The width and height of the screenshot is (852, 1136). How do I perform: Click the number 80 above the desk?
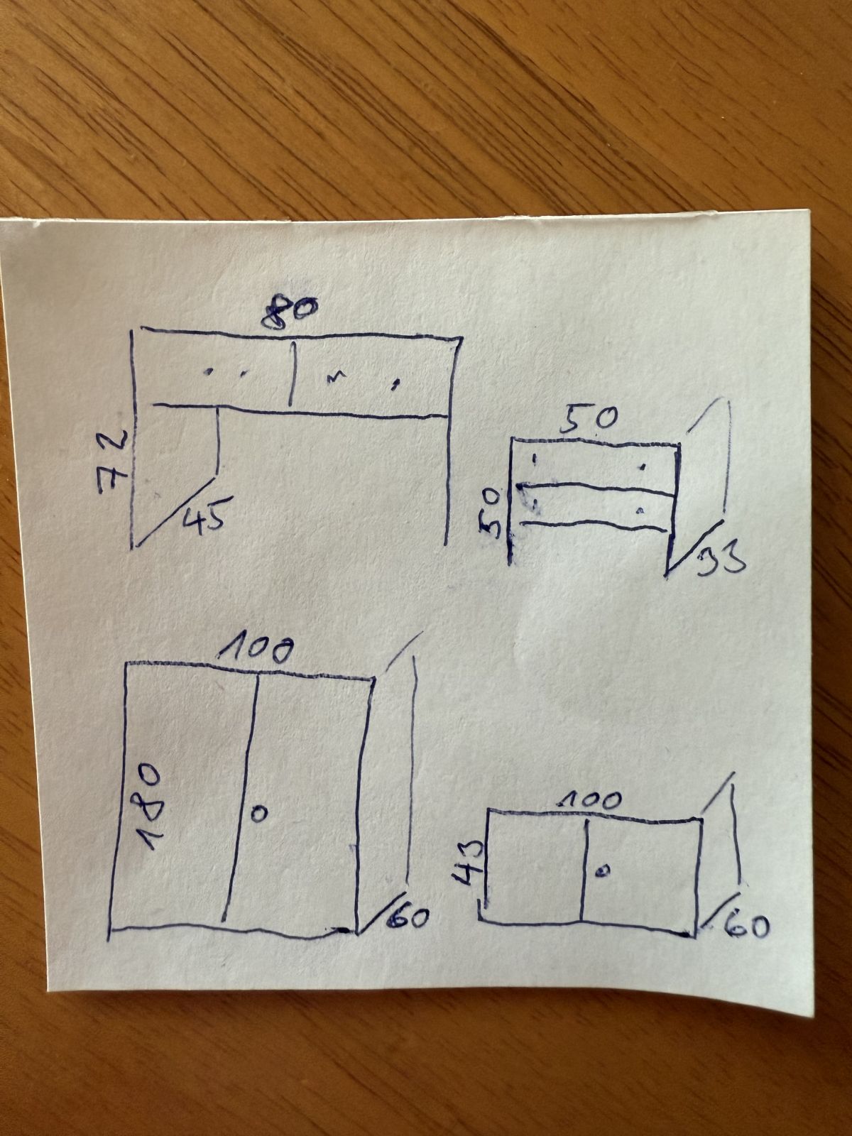(289, 310)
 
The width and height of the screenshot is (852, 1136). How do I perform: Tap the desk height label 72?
(114, 461)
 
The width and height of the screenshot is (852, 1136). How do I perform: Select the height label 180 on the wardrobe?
(151, 806)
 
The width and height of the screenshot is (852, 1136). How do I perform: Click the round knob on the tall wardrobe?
(259, 813)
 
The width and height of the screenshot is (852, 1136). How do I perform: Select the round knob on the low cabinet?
(602, 871)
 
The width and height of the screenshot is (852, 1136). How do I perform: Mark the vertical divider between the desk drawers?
(293, 373)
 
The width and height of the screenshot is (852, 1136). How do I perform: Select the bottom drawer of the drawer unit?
(596, 506)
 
